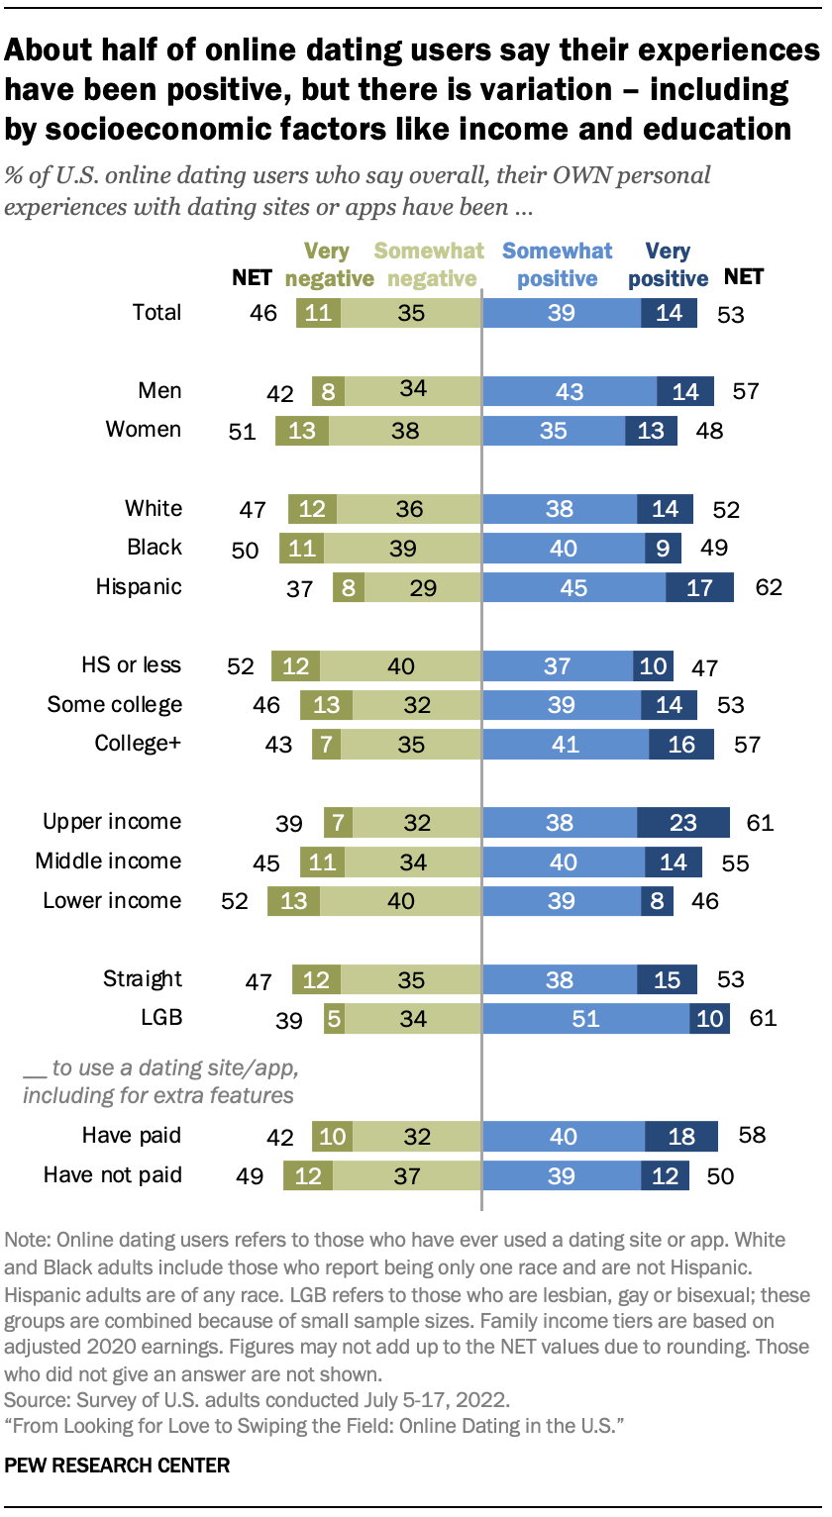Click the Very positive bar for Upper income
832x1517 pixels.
pos(682,822)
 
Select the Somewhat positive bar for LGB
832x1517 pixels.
pos(585,1018)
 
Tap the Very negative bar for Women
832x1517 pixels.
pos(302,430)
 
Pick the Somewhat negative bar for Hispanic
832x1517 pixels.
pos(422,586)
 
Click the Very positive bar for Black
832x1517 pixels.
pos(660,547)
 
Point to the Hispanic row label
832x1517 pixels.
pos(139,586)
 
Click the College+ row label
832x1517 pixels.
pos(138,743)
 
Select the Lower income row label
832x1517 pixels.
pos(112,900)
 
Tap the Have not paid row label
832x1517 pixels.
pos(112,1175)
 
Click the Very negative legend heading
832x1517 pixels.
pos(329,264)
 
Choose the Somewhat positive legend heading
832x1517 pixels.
pos(558,264)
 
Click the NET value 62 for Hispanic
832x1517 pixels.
pos(768,587)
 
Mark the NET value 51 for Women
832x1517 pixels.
pos(242,431)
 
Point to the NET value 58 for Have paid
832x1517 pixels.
pos(752,1135)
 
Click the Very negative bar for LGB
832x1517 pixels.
pos(334,1018)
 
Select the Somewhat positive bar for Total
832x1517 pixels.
pos(561,313)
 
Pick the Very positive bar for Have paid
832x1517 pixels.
pos(681,1136)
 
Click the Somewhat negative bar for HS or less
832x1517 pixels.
pos(400,665)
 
